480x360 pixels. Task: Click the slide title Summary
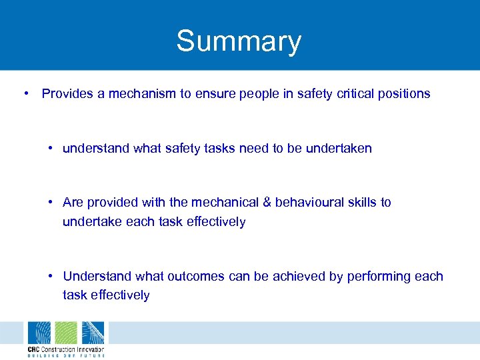[x=239, y=41]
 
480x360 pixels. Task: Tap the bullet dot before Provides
[x=25, y=94]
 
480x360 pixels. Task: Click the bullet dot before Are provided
[x=51, y=202]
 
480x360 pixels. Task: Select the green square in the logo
[x=65, y=333]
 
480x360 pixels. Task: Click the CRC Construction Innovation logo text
[x=65, y=349]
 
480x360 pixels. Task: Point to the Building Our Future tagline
[x=65, y=355]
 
